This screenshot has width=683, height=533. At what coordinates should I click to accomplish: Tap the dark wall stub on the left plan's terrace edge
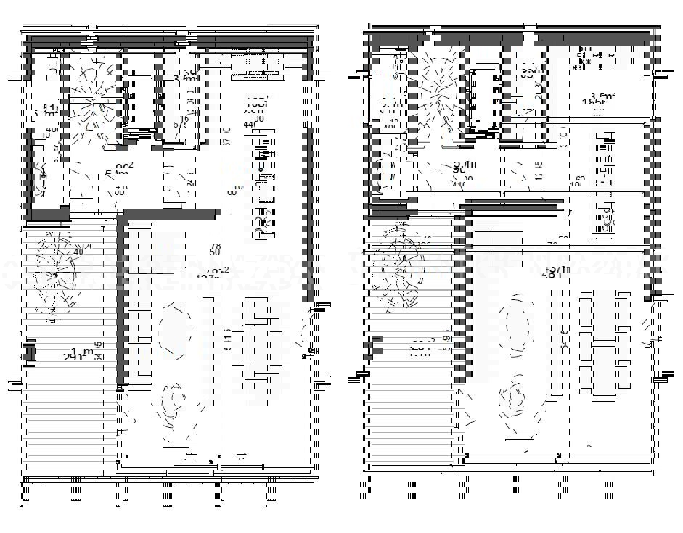click(30, 352)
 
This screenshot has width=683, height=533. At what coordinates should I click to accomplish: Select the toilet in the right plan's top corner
click(399, 67)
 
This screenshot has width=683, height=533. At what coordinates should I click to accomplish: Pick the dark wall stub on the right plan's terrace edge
click(376, 347)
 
